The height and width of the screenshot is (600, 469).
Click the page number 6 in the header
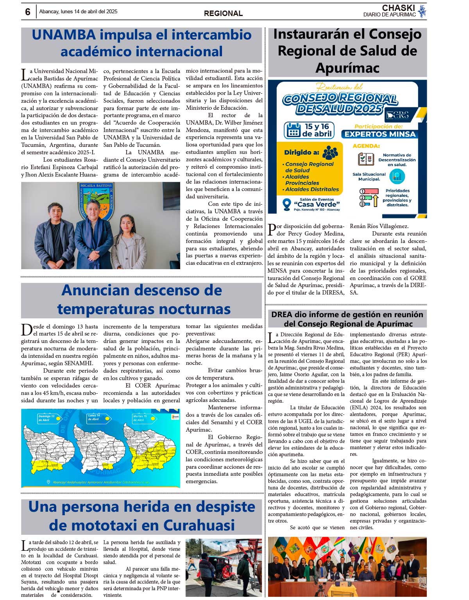click(28, 12)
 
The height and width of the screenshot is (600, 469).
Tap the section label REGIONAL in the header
click(223, 13)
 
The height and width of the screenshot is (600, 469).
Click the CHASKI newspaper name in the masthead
click(398, 8)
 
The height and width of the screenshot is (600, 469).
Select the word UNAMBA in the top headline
click(64, 35)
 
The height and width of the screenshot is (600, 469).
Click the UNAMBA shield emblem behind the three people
click(96, 201)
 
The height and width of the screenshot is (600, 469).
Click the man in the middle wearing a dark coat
click(94, 234)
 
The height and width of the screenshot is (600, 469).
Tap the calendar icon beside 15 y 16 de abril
click(293, 130)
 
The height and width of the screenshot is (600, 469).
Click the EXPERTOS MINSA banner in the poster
click(380, 134)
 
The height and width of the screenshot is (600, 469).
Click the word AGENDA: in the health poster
click(366, 146)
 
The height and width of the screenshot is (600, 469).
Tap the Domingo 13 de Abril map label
click(47, 418)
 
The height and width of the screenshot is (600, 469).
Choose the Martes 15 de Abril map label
click(140, 418)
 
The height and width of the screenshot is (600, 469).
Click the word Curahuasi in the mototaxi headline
click(199, 525)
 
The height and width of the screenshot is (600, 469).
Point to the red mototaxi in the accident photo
click(219, 566)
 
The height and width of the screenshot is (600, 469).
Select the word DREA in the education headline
click(282, 315)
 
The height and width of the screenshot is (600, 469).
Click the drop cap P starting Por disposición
click(272, 230)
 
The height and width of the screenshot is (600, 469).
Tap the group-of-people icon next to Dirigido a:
click(330, 152)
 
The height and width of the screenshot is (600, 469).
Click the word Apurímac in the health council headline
click(347, 68)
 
